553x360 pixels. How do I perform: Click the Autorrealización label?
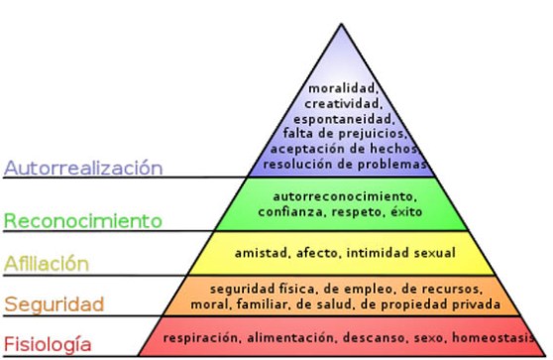tap(82, 167)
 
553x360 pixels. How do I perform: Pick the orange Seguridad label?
tap(55, 302)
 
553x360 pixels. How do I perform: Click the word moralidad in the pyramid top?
tap(340, 87)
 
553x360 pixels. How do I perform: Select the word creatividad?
tap(340, 103)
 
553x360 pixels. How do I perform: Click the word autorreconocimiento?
tap(340, 195)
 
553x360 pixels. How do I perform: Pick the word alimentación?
tap(290, 336)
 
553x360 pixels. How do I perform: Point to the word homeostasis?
tap(497, 336)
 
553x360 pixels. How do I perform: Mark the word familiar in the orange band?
tap(260, 304)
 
